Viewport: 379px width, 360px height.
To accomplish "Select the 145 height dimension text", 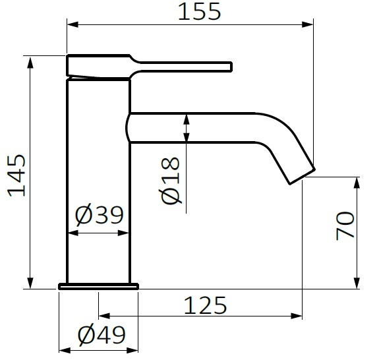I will pyautogui.click(x=16, y=176).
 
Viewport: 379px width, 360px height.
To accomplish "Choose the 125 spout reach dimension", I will pyautogui.click(x=204, y=306).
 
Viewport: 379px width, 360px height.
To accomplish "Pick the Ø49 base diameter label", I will pyautogui.click(x=101, y=336).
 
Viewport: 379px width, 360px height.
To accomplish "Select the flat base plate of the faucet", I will pyautogui.click(x=99, y=286).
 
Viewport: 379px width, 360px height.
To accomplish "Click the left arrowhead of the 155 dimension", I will pyautogui.click(x=71, y=25).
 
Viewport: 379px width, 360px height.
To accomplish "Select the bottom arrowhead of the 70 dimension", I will pyautogui.click(x=357, y=284).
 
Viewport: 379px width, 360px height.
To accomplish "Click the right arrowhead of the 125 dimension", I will pyautogui.click(x=297, y=315).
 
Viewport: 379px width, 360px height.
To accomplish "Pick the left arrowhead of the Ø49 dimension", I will pyautogui.click(x=63, y=346).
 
